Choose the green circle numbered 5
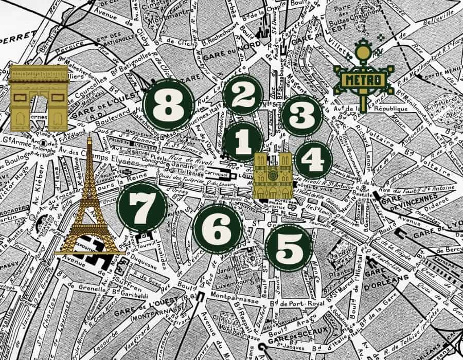point(218,227)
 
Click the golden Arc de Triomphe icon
point(39,97)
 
